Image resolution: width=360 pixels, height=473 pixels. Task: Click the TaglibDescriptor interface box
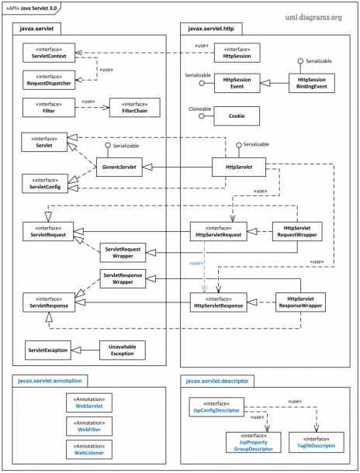[313, 442]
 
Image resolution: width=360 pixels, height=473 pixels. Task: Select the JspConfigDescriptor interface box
[218, 407]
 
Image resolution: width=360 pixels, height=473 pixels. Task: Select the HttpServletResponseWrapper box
[299, 302]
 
